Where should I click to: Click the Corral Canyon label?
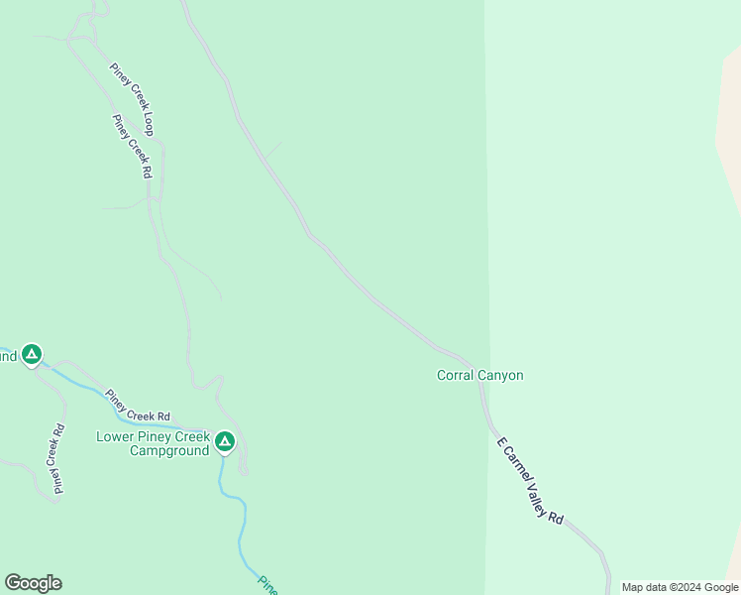point(479,375)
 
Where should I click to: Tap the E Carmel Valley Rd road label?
point(530,481)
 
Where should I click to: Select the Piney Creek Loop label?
point(132,98)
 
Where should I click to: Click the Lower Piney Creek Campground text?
point(154,443)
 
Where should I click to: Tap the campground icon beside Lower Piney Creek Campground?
point(225,441)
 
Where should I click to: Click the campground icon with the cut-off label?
point(32,354)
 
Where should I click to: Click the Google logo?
point(33,583)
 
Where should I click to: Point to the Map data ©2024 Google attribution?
point(680,587)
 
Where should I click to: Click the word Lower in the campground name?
point(115,436)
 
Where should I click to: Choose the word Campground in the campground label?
point(169,450)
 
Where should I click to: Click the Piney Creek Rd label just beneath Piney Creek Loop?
point(132,147)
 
